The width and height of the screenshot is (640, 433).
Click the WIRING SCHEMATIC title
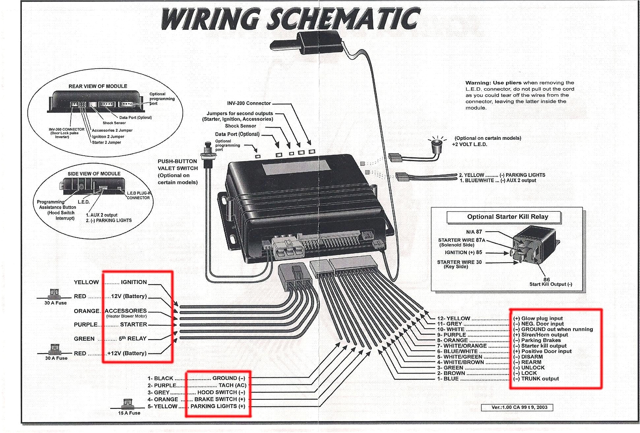(x=290, y=19)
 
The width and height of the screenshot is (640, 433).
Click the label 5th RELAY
(x=133, y=339)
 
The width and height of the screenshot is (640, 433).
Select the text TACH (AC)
(x=232, y=385)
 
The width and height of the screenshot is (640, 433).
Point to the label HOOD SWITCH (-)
(x=221, y=392)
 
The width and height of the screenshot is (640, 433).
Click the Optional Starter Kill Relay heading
(x=507, y=217)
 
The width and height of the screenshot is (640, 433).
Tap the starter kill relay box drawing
(x=534, y=244)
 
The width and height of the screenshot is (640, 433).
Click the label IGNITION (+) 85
(x=463, y=253)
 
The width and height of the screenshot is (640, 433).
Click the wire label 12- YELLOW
(x=453, y=319)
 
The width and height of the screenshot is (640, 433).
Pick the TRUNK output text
(x=540, y=379)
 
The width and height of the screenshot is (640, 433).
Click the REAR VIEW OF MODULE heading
(x=98, y=86)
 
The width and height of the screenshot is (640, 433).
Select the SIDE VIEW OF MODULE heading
(x=94, y=174)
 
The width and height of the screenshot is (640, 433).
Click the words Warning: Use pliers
(x=493, y=83)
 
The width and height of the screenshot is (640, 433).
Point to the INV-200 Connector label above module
(x=249, y=103)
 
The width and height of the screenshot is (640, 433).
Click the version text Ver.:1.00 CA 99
(x=517, y=407)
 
